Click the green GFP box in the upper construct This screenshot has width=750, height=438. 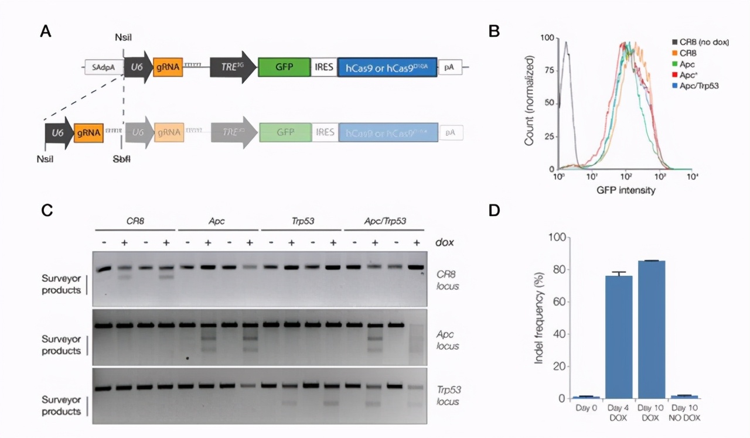point(284,67)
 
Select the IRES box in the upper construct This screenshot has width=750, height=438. point(324,67)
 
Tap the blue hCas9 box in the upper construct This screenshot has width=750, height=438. point(387,67)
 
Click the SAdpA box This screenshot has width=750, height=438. point(104,67)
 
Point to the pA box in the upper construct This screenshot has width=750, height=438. point(450,67)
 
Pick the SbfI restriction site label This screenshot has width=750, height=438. point(121,159)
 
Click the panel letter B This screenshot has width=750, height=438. point(493,31)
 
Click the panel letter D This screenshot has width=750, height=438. point(494,210)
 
